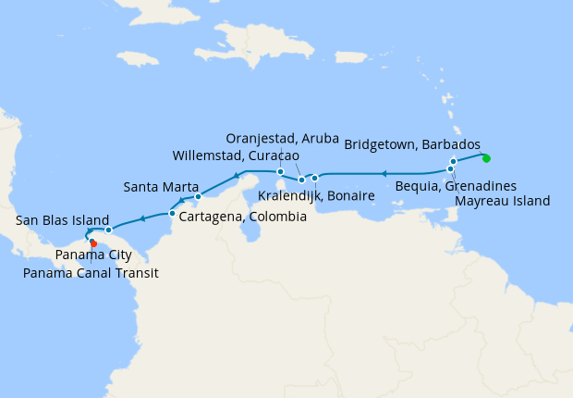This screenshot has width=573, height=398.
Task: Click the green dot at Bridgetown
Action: click(x=486, y=156)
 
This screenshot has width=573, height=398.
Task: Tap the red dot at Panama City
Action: click(x=93, y=244)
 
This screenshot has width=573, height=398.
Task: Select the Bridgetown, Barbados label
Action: click(x=412, y=145)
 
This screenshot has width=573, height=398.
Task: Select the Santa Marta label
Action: click(x=159, y=187)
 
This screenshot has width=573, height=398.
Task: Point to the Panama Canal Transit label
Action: click(x=91, y=273)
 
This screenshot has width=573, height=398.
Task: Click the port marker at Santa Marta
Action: click(x=199, y=197)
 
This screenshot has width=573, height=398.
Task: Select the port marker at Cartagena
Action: click(x=172, y=214)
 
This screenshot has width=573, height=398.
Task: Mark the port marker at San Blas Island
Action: click(x=108, y=230)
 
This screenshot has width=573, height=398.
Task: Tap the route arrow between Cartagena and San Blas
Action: click(x=142, y=219)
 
